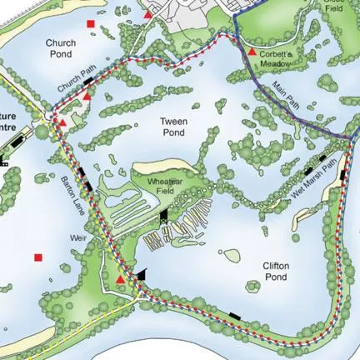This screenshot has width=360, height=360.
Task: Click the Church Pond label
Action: click(x=62, y=47)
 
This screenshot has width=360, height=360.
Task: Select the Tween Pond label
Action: click(x=173, y=126)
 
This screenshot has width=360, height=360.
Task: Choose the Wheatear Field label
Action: click(x=165, y=185)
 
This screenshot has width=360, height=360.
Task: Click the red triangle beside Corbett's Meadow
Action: click(x=252, y=52)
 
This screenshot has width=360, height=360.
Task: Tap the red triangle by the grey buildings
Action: click(x=148, y=14)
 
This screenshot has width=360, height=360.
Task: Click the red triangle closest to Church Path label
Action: click(x=87, y=97)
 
